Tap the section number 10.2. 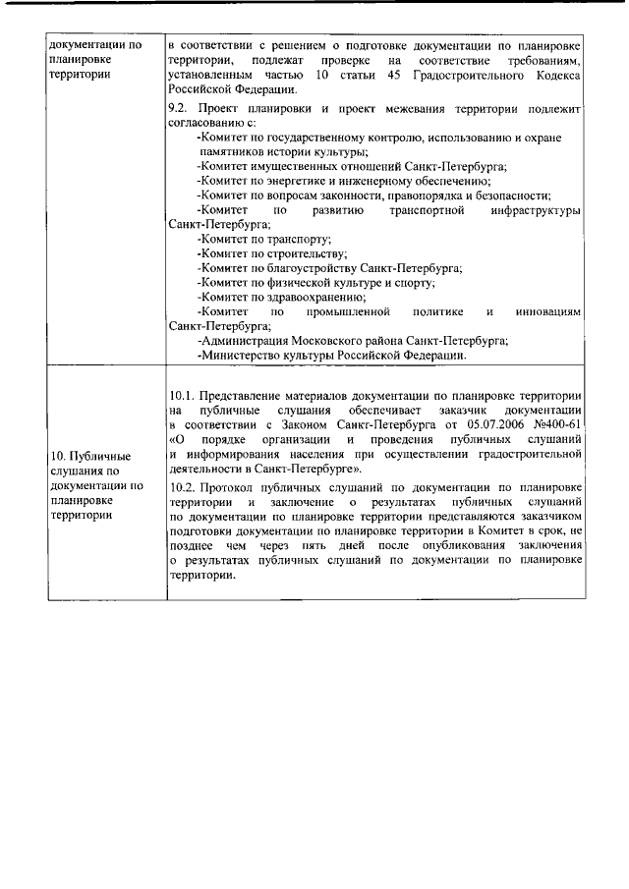pyautogui.click(x=184, y=487)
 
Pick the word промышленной pyautogui.click(x=341, y=311)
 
